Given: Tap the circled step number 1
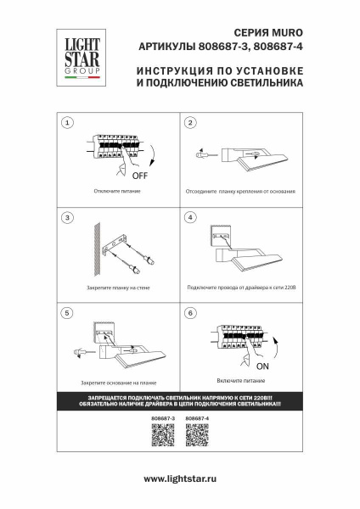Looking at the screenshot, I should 67,123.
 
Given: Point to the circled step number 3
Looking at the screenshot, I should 67,218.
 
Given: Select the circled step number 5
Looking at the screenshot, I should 67,313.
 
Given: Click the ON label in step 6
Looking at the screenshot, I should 262,366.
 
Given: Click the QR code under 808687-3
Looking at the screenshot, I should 162,437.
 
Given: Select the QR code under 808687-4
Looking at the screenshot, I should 196,437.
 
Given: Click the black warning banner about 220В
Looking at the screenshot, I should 180,404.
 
